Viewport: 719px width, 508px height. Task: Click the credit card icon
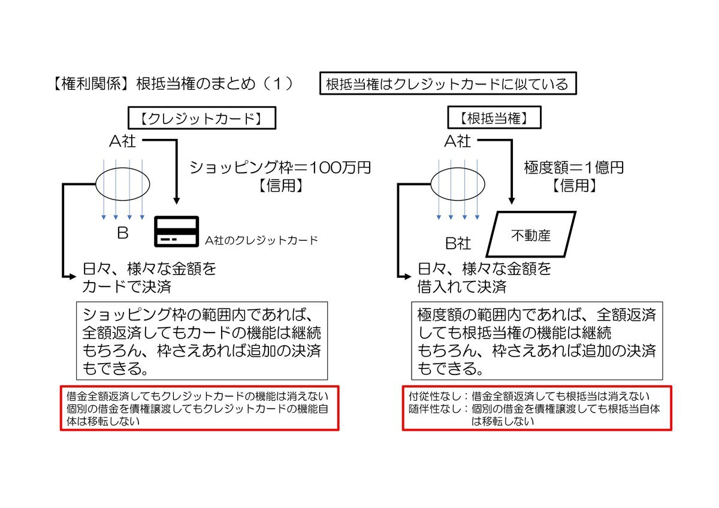tap(177, 231)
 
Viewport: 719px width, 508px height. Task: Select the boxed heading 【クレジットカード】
tap(202, 118)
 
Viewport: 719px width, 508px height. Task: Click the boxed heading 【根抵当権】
tap(494, 118)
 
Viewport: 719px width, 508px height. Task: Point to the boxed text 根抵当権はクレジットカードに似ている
tap(448, 83)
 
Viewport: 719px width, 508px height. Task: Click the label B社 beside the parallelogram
tap(458, 243)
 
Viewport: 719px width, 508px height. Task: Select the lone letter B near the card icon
tap(123, 233)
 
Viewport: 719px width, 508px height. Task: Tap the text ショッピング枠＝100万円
tap(280, 167)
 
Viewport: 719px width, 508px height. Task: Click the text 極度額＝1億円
tap(573, 167)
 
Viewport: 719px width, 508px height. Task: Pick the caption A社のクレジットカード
tap(261, 240)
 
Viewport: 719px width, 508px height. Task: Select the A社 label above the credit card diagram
tap(122, 141)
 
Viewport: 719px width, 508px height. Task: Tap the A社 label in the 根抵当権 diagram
tap(457, 141)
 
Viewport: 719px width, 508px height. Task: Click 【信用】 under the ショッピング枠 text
tap(281, 185)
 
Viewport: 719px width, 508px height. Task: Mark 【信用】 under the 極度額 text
tap(574, 185)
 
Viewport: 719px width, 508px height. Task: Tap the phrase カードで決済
tap(127, 286)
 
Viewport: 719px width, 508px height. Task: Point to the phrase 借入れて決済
tap(462, 286)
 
